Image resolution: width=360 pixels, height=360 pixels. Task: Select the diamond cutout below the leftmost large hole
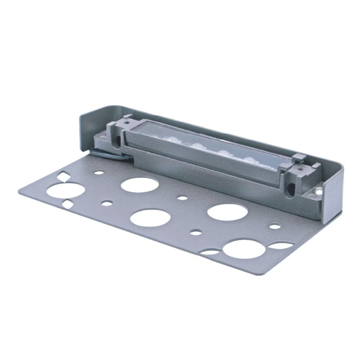67,205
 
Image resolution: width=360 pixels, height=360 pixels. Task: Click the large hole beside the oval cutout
242,249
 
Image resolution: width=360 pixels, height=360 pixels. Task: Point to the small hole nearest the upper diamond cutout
98,172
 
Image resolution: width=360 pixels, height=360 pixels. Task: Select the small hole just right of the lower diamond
106,203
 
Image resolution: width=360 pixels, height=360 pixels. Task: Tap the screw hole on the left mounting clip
127,122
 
